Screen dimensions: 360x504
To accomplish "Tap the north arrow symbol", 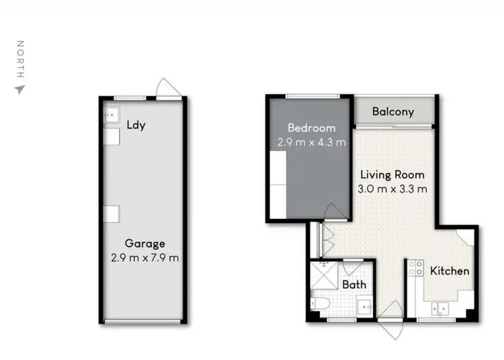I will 19,89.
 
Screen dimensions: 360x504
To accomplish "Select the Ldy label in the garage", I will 136,125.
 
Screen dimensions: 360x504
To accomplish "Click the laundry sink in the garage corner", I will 111,116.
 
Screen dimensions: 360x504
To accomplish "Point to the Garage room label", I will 144,243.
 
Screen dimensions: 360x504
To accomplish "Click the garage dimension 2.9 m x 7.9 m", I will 144,257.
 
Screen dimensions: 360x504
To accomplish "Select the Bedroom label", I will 311,128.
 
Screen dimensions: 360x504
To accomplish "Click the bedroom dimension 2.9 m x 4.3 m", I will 311,142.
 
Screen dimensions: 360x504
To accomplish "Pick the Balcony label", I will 392,112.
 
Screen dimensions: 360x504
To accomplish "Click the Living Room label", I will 392,175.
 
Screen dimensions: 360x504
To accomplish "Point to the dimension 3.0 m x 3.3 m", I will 392,189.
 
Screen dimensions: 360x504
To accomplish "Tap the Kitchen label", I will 450,271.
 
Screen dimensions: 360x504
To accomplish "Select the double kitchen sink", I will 442,310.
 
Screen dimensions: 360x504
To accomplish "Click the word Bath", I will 354,284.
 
